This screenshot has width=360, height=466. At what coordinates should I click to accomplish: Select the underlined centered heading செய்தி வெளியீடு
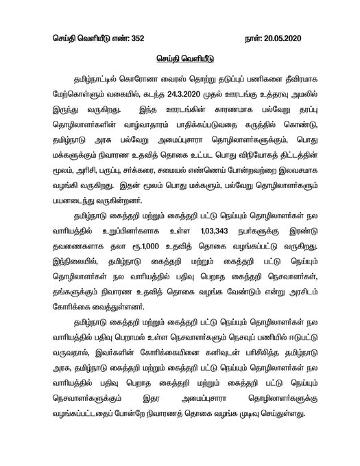[x=181, y=60]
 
